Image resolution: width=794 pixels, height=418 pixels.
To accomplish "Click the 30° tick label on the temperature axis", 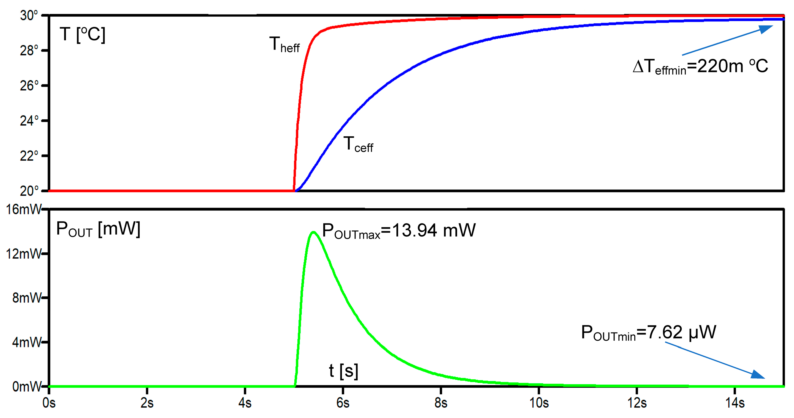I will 29,15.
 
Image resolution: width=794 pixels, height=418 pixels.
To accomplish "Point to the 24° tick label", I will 29,121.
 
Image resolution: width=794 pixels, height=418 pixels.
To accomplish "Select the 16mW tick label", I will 23,210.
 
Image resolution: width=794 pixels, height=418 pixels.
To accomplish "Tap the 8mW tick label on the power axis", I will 26,298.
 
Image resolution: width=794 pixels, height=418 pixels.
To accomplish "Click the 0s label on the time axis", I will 49,403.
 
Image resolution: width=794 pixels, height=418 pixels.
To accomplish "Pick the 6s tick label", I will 343,403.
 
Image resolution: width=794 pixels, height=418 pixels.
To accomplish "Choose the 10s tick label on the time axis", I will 539,403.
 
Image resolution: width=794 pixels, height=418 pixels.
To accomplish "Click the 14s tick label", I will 735,403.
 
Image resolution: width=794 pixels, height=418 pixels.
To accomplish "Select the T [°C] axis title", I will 82,35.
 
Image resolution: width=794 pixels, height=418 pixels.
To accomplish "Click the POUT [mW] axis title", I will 98,229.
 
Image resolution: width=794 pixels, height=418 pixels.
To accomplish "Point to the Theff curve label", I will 284,45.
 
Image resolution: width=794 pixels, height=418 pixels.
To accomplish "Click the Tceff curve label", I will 358,144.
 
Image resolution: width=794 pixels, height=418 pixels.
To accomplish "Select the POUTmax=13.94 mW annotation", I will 399,231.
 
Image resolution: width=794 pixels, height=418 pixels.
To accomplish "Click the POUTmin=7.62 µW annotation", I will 648,333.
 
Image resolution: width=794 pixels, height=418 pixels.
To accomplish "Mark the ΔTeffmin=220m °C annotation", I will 700,67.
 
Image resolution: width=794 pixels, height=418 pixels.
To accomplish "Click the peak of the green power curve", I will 314,232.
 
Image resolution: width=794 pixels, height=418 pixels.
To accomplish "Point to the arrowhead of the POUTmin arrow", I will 759,375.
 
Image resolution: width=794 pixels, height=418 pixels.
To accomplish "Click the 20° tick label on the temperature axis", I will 29,191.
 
